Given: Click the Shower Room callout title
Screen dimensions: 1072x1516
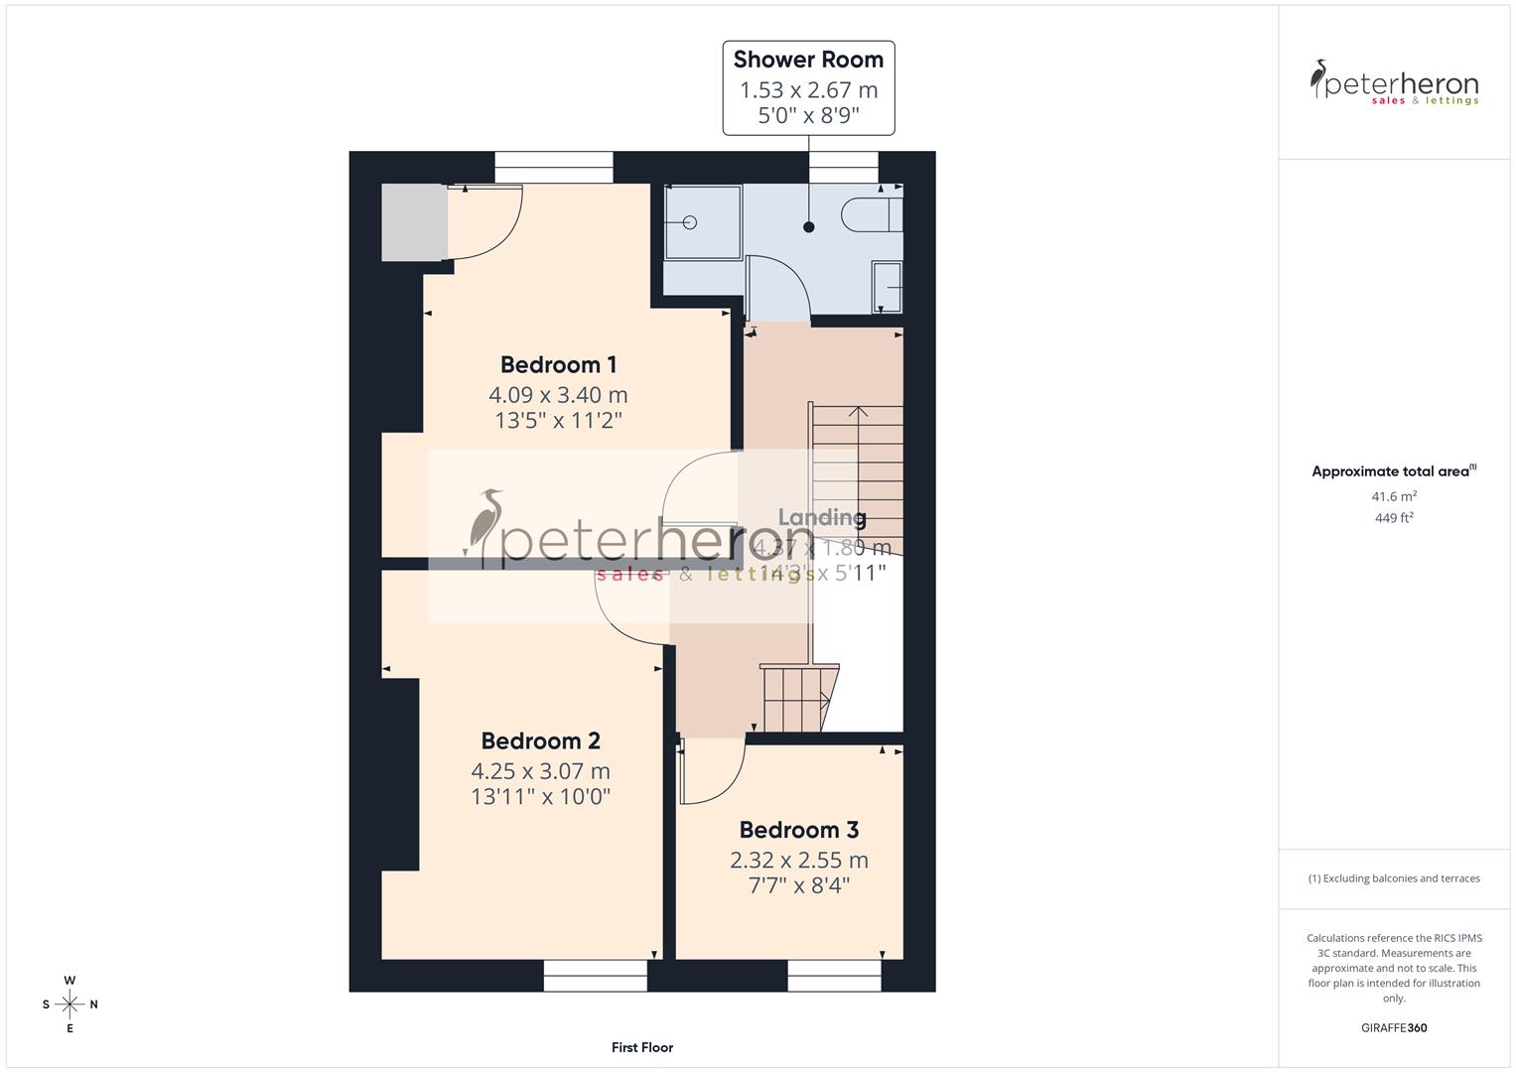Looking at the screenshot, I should pyautogui.click(x=808, y=60).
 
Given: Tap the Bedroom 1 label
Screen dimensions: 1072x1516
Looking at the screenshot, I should pyautogui.click(x=558, y=364).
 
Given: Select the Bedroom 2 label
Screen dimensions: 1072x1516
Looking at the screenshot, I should pyautogui.click(x=540, y=740).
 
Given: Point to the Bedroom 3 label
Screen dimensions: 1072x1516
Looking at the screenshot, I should pyautogui.click(x=798, y=830).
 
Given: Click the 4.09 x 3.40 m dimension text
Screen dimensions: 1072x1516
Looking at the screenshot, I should pyautogui.click(x=558, y=394).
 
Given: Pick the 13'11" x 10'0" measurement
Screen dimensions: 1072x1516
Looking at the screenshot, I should pyautogui.click(x=540, y=796).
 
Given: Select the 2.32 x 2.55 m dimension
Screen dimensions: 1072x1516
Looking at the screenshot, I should pyautogui.click(x=798, y=860).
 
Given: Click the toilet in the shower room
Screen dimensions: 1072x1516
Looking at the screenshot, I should pyautogui.click(x=871, y=213).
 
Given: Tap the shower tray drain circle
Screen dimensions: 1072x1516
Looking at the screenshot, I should pyautogui.click(x=689, y=222).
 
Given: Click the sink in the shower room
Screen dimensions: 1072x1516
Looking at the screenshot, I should pyautogui.click(x=887, y=287).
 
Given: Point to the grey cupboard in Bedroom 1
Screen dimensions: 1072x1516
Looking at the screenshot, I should pyautogui.click(x=414, y=222).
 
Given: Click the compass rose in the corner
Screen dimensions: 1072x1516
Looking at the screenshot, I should pyautogui.click(x=69, y=1005).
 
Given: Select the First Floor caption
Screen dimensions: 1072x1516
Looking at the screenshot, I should pyautogui.click(x=642, y=1047).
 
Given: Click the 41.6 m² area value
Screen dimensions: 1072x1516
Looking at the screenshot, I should pyautogui.click(x=1394, y=496).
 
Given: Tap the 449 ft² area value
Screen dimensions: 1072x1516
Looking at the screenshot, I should pyautogui.click(x=1394, y=517).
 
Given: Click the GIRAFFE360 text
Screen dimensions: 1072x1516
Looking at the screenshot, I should pyautogui.click(x=1394, y=1027).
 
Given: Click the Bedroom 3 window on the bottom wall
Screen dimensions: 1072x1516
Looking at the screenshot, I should pyautogui.click(x=834, y=976).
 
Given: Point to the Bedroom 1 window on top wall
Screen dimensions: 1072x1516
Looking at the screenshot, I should pyautogui.click(x=553, y=167).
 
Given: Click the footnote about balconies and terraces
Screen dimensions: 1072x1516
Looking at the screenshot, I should pyautogui.click(x=1394, y=878).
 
